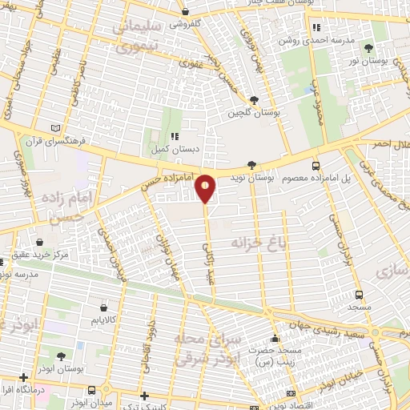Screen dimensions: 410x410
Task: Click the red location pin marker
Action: (206, 187)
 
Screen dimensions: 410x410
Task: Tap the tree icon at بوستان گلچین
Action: (254, 100)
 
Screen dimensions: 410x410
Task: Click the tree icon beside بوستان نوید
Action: (253, 163)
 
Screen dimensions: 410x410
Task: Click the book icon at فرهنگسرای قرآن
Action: (55, 128)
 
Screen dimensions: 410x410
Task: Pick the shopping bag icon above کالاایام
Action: (105, 307)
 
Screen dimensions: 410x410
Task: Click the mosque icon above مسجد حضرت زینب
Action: (275, 337)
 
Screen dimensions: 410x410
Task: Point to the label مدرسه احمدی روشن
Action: (315, 38)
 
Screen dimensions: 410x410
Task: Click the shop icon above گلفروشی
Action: (186, 12)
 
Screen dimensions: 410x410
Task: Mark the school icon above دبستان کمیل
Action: (173, 135)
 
